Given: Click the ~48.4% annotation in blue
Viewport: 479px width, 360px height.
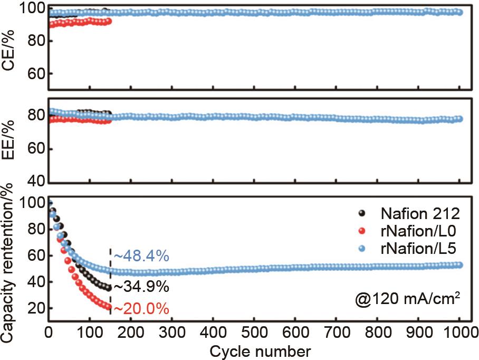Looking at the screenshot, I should click(141, 257).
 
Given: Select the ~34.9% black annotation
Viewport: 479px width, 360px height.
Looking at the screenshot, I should click(141, 287).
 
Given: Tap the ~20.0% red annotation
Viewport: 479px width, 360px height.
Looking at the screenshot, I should click(141, 309).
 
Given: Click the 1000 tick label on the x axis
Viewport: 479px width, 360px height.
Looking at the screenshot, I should click(459, 334).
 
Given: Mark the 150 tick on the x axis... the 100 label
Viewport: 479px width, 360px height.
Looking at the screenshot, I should click(90, 334).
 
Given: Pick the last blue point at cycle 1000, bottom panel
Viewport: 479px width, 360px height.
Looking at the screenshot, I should click(459, 265).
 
